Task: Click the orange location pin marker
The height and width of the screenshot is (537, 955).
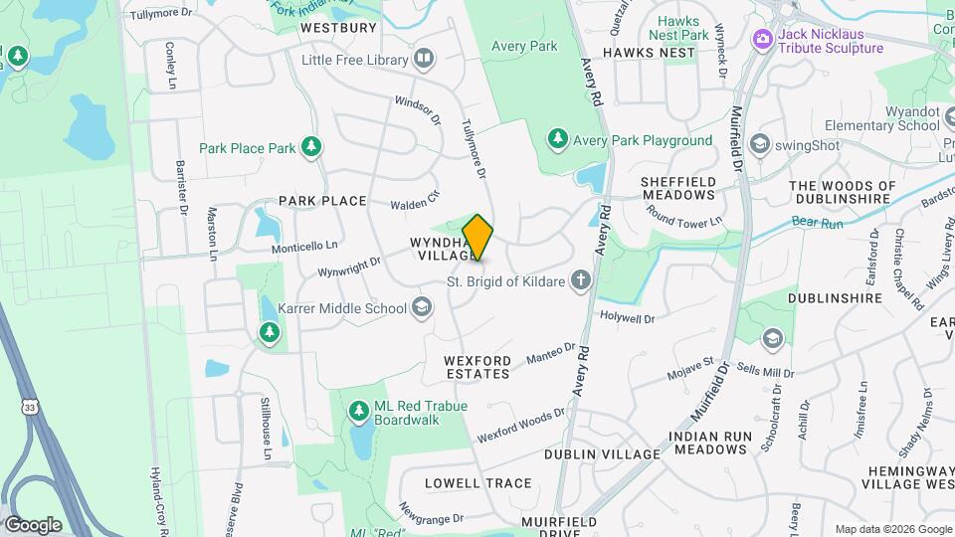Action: pos(478,238)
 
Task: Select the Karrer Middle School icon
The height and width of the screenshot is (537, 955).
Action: pos(423,308)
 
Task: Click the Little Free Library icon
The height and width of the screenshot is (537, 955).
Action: pos(425,59)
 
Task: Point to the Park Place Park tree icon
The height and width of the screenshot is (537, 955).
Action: pos(312,148)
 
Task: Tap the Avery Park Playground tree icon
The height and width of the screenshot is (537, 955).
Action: pos(558,140)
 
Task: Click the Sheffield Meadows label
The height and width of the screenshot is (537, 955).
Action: pos(678,189)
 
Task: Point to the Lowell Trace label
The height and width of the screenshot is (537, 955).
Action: pos(477,483)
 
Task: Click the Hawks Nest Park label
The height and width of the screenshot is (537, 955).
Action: pos(678,28)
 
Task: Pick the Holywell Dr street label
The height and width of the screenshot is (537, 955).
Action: pos(627,319)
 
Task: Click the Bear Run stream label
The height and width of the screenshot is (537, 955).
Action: pos(818,224)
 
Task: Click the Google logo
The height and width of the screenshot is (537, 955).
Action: pos(33,525)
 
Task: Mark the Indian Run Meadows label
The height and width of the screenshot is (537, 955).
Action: pos(707,443)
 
